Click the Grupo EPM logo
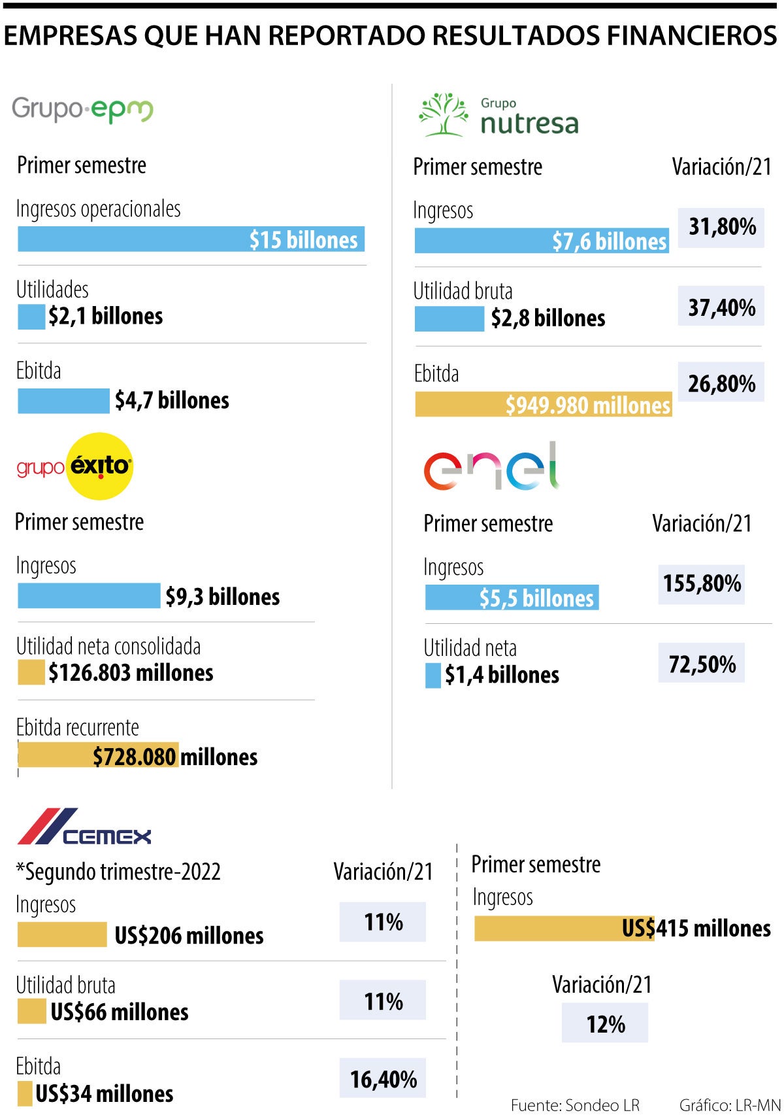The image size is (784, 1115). pyautogui.click(x=82, y=110)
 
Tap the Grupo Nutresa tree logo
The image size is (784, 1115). pyautogui.click(x=444, y=114)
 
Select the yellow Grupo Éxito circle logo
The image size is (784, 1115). pyautogui.click(x=100, y=466)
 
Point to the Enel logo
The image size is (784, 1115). pyautogui.click(x=491, y=467)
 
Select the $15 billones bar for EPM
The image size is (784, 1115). pyautogui.click(x=191, y=239)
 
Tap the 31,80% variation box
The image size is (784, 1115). pyautogui.click(x=721, y=227)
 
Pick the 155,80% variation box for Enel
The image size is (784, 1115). pyautogui.click(x=702, y=583)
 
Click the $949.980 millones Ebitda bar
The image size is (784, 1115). pyautogui.click(x=544, y=405)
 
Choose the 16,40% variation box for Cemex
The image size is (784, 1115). pyautogui.click(x=383, y=1078)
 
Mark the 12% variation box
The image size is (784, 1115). pyautogui.click(x=605, y=1023)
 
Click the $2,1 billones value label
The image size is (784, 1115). pyautogui.click(x=106, y=317)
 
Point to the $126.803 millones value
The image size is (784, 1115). pyautogui.click(x=131, y=673)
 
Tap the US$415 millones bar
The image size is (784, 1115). pyautogui.click(x=564, y=929)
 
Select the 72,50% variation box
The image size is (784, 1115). pyautogui.click(x=702, y=664)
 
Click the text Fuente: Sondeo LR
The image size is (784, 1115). pyautogui.click(x=575, y=1105)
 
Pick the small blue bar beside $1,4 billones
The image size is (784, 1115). pyautogui.click(x=433, y=676)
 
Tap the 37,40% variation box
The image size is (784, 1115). pyautogui.click(x=721, y=307)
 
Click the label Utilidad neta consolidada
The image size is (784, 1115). pyautogui.click(x=108, y=647)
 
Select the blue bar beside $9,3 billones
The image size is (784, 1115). pyautogui.click(x=89, y=596)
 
